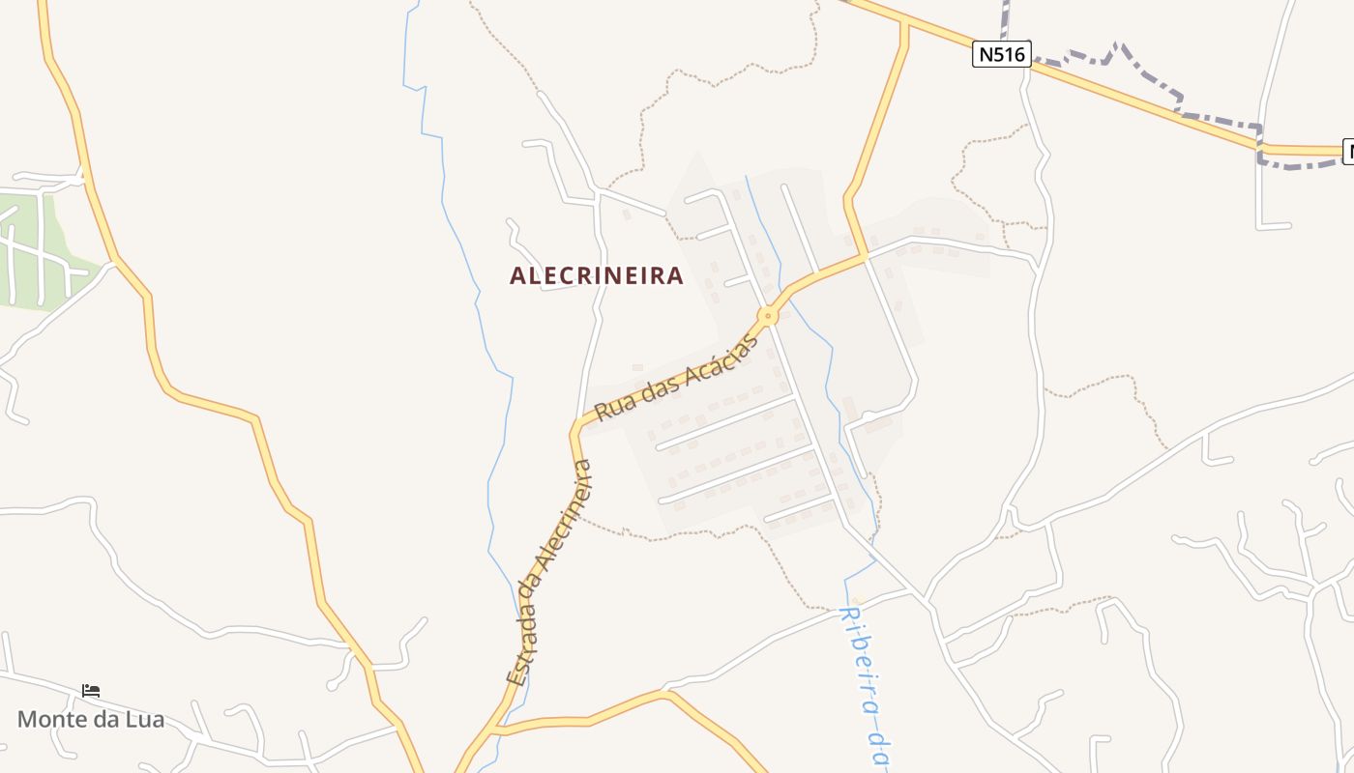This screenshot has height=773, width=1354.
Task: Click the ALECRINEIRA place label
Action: pyautogui.click(x=597, y=276)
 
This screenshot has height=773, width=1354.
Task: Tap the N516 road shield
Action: pyautogui.click(x=1001, y=54)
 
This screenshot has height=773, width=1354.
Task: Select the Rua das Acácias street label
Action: pyautogui.click(x=673, y=377)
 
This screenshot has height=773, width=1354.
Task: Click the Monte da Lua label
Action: pyautogui.click(x=91, y=719)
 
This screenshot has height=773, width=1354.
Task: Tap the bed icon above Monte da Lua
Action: pyautogui.click(x=91, y=691)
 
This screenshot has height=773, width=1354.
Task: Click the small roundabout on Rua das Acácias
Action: pyautogui.click(x=768, y=315)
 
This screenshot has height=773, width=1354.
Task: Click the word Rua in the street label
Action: pyautogui.click(x=612, y=407)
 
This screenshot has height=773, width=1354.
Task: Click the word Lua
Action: pyautogui.click(x=146, y=719)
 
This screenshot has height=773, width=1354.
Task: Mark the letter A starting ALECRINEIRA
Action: pyautogui.click(x=517, y=276)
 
